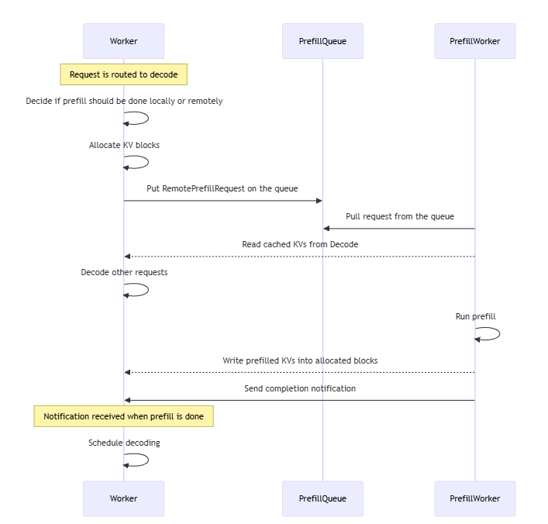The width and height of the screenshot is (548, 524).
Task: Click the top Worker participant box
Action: pyautogui.click(x=123, y=41)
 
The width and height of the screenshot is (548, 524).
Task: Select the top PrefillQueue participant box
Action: pyautogui.click(x=322, y=41)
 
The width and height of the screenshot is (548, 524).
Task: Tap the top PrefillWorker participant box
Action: pyautogui.click(x=474, y=41)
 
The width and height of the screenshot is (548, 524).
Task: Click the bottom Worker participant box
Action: pyautogui.click(x=123, y=498)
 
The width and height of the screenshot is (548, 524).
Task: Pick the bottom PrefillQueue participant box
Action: pyautogui.click(x=322, y=498)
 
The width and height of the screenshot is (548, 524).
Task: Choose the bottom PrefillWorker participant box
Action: pyautogui.click(x=474, y=498)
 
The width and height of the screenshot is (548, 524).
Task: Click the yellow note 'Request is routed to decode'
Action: pyautogui.click(x=124, y=74)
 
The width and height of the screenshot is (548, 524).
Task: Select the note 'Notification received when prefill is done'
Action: pyautogui.click(x=124, y=416)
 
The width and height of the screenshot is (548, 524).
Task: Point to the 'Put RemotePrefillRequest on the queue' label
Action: pyautogui.click(x=222, y=188)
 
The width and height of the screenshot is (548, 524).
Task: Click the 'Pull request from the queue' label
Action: pyautogui.click(x=400, y=216)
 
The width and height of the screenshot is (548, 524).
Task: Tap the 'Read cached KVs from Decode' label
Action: pyautogui.click(x=300, y=244)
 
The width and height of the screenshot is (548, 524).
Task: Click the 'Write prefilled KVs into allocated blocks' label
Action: pyautogui.click(x=300, y=360)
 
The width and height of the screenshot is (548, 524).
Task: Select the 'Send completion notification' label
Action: pyautogui.click(x=300, y=388)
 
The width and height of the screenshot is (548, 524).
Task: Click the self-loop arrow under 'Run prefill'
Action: pyautogui.click(x=499, y=334)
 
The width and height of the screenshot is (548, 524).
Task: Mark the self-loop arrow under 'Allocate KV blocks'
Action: pyautogui.click(x=148, y=162)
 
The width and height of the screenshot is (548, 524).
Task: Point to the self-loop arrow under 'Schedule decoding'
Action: pyautogui.click(x=148, y=460)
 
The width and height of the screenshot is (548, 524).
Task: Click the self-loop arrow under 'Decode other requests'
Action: pyautogui.click(x=148, y=290)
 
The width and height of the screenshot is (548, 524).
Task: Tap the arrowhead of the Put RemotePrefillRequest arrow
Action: pyautogui.click(x=319, y=201)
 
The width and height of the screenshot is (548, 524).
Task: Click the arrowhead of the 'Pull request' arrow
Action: pyautogui.click(x=326, y=229)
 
